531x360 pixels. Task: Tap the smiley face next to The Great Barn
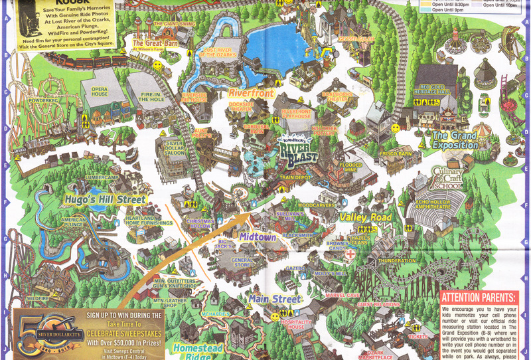(157, 66)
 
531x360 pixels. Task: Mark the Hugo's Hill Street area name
(105, 199)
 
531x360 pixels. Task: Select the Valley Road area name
(366, 217)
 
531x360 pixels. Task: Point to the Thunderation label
(396, 261)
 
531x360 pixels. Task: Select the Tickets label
(418, 336)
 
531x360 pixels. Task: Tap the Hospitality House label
(292, 323)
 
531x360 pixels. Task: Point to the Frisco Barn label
(396, 153)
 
